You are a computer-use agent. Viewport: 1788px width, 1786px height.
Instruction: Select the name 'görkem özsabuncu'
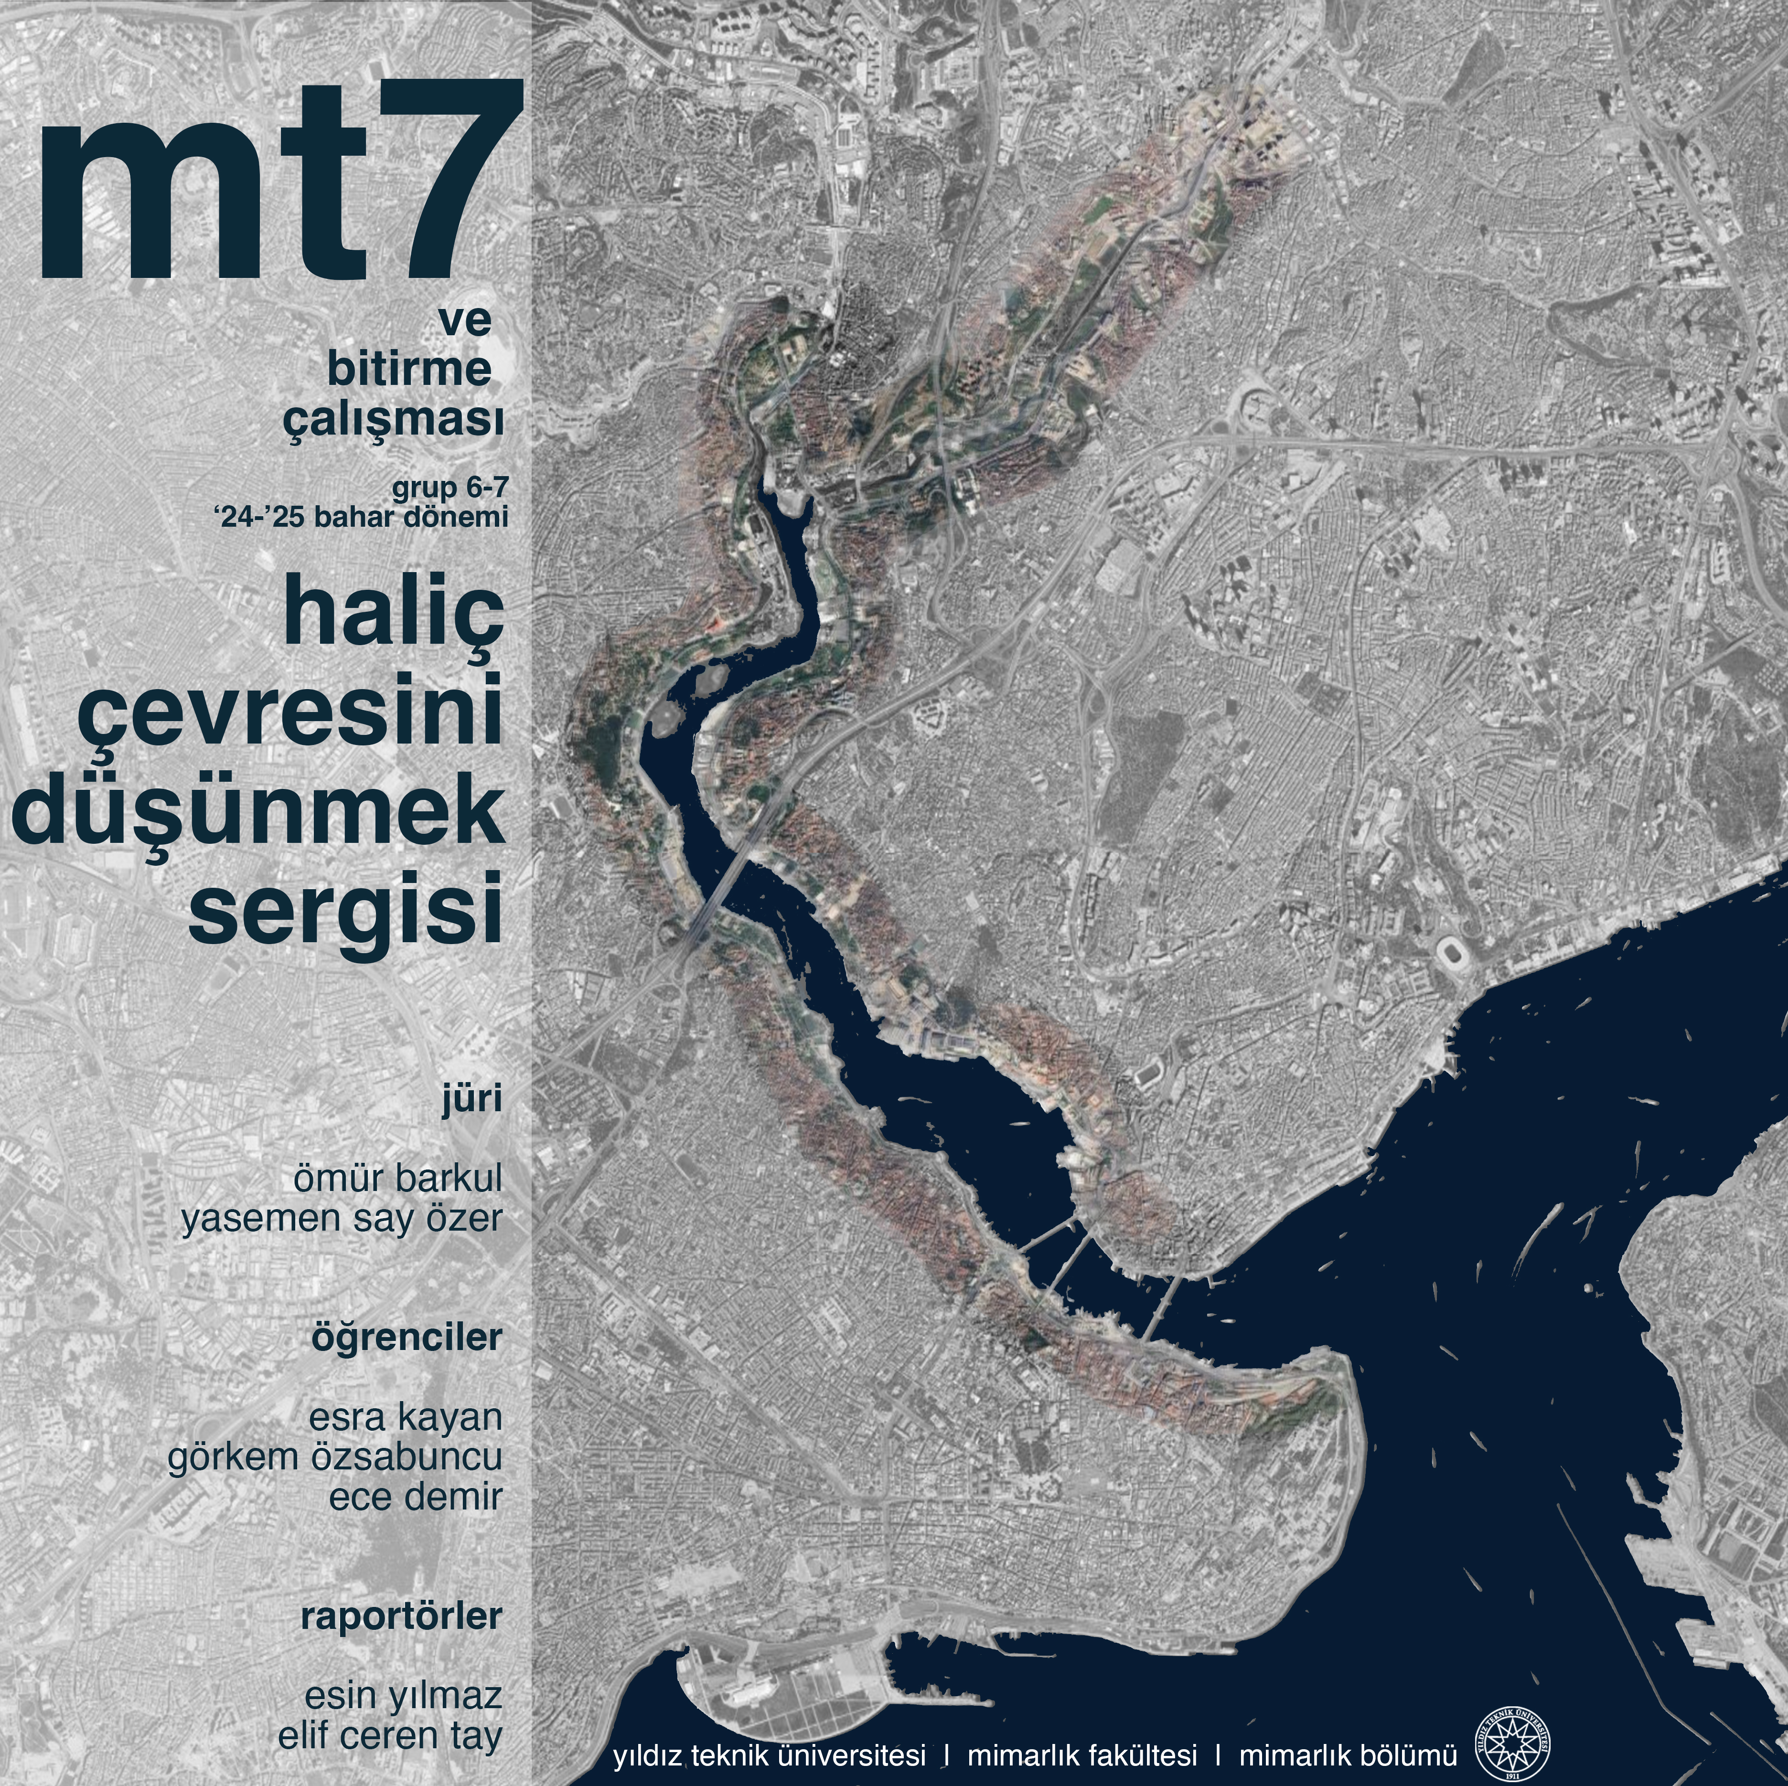click(334, 1456)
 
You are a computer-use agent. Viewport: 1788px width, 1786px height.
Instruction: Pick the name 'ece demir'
click(416, 1496)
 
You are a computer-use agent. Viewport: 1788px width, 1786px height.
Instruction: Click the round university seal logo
click(1512, 1748)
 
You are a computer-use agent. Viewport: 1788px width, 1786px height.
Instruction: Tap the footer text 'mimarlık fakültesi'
click(1082, 1754)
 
